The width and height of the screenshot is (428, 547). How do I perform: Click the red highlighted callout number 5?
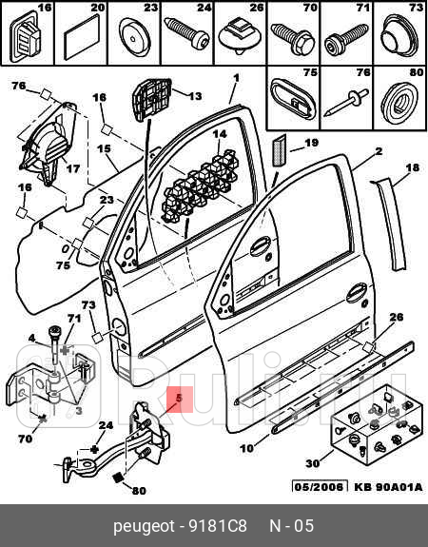(x=179, y=400)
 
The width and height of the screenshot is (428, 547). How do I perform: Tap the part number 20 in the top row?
(x=97, y=9)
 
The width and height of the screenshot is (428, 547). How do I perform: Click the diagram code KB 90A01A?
(x=388, y=488)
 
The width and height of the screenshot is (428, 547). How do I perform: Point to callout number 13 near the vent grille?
(x=194, y=96)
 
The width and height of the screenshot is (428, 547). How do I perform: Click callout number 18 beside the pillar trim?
(x=411, y=167)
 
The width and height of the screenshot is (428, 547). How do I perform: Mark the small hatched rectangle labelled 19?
(x=280, y=150)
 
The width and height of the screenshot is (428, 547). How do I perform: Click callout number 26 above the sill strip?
(x=396, y=317)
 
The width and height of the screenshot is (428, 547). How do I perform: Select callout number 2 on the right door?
(x=378, y=151)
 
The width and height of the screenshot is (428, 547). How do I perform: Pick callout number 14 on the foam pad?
(x=219, y=134)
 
